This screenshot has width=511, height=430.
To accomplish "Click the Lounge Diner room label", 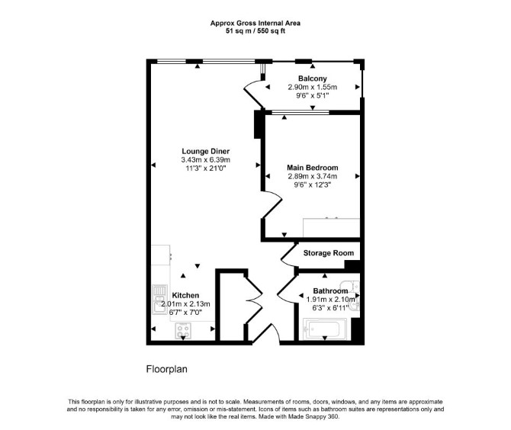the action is (206, 151).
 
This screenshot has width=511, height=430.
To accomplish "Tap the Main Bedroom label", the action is (313, 168).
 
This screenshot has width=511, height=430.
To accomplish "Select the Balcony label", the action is (313, 79).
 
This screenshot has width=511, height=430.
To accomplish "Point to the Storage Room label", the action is (329, 253).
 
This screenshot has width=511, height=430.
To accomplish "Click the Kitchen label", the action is (185, 296).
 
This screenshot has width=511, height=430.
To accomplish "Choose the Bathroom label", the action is (330, 291).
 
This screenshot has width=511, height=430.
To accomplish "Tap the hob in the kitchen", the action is (183, 330).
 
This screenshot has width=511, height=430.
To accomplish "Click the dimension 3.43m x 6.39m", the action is (206, 160).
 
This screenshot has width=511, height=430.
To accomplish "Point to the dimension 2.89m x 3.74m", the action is (313, 176).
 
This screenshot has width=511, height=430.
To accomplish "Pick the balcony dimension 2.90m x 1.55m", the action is (313, 88).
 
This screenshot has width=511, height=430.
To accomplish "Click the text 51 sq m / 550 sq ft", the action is (256, 31).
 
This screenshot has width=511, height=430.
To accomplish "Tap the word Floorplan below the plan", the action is (167, 369).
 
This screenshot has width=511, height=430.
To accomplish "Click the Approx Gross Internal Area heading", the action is (256, 23).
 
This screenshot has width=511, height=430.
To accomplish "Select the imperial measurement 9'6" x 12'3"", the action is (313, 185).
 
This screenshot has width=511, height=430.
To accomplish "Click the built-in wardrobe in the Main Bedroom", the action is (332, 228).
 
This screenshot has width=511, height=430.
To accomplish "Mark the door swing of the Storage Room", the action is (288, 254).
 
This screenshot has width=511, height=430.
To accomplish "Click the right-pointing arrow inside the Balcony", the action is (358, 87).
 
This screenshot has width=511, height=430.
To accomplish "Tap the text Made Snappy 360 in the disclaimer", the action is (313, 416).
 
